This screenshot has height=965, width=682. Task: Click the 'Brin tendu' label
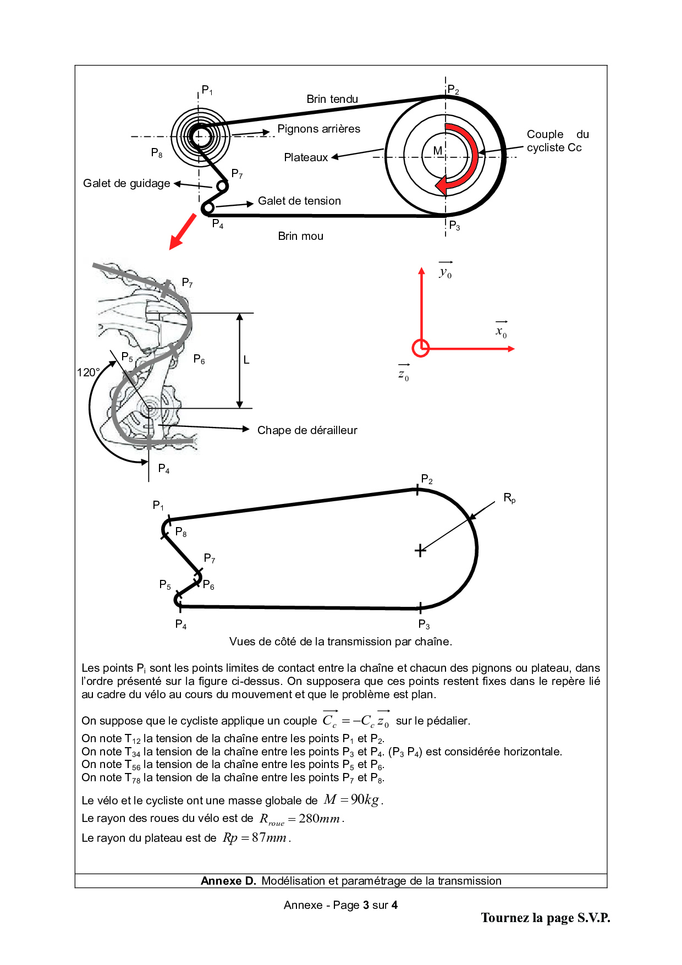click(x=332, y=99)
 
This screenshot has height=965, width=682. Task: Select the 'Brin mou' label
click(x=300, y=236)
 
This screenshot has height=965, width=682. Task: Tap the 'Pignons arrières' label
click(x=318, y=129)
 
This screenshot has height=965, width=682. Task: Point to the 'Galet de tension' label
click(x=299, y=201)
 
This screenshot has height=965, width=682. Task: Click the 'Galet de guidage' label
click(x=127, y=183)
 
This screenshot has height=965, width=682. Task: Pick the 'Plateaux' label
click(x=306, y=157)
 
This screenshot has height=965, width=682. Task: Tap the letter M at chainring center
click(x=438, y=151)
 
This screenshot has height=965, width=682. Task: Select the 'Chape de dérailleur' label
click(x=307, y=430)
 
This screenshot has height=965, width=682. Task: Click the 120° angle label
click(x=88, y=372)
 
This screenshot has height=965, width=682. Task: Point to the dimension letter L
click(x=246, y=360)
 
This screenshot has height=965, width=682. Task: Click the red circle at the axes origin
click(x=421, y=348)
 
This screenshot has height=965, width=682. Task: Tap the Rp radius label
click(x=509, y=498)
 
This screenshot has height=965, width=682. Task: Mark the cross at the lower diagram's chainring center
click(x=420, y=550)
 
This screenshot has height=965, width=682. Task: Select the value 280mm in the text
click(x=319, y=819)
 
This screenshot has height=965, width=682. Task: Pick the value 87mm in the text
click(x=269, y=838)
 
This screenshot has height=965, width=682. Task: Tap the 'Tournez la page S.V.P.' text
click(x=545, y=918)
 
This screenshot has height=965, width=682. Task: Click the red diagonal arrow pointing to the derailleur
click(x=183, y=232)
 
